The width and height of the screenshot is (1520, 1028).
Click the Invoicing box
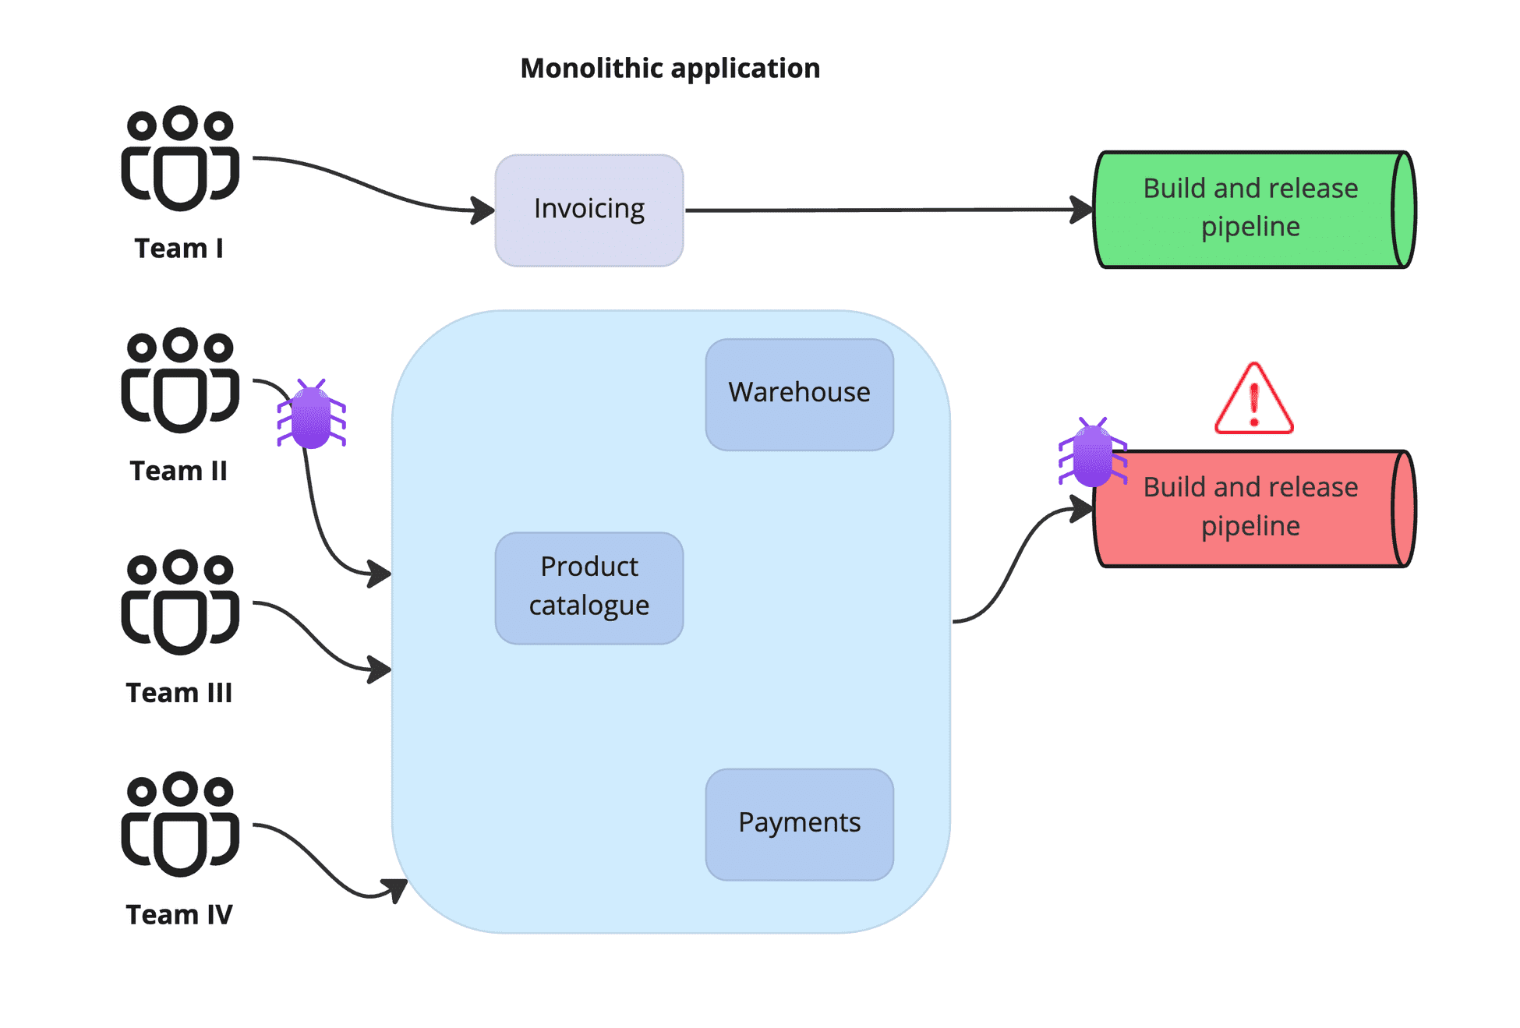[x=589, y=210]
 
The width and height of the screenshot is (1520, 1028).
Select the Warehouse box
[x=799, y=394]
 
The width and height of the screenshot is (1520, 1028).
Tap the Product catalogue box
[x=589, y=588]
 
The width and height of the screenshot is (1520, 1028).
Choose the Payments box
[x=799, y=824]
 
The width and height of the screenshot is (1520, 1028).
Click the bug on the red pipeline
[x=1092, y=454]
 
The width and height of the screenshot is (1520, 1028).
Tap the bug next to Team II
[x=311, y=415]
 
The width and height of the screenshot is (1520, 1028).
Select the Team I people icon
[x=180, y=159]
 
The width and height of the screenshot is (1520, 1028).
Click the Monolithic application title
[x=670, y=69]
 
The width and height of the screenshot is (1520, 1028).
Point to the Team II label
[x=179, y=471]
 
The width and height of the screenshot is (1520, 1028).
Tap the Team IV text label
[x=179, y=914]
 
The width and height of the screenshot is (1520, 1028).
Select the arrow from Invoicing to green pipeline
[x=889, y=210]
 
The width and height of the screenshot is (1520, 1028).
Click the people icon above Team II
[x=180, y=381]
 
